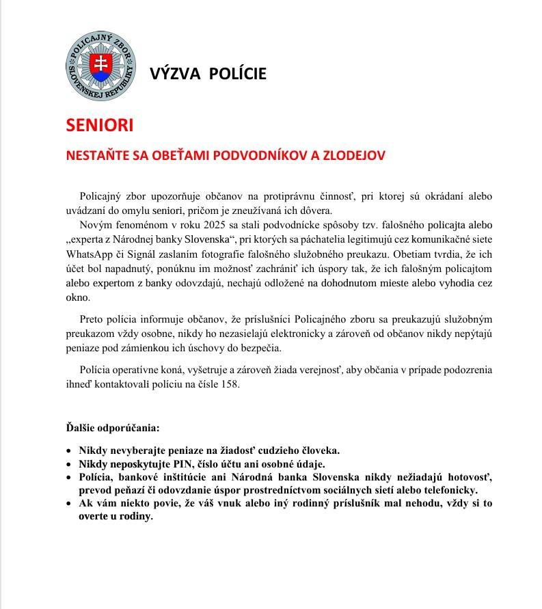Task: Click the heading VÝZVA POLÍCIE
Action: coord(208,73)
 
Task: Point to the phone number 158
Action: coord(230,383)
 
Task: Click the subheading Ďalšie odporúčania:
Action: coord(112,429)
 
